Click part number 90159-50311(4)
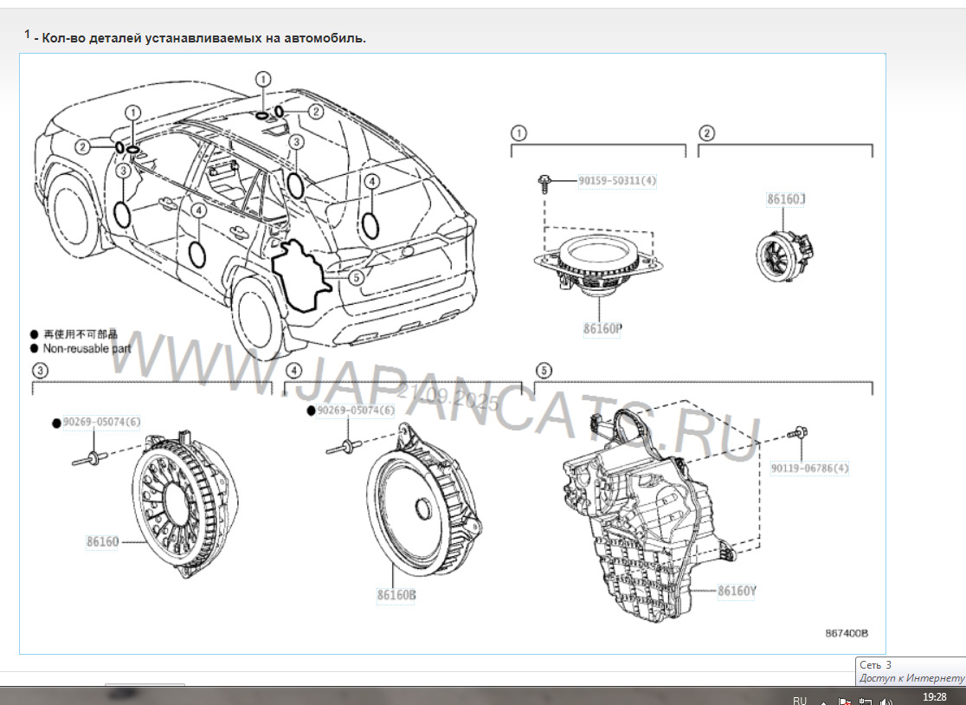617,181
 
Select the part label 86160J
786,198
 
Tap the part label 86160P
602,329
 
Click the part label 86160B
396,595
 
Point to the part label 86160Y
737,591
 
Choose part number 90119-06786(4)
809,469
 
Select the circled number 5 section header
543,371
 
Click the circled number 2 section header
707,133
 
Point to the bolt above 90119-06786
797,432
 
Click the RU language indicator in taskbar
799,700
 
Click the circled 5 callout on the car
356,277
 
